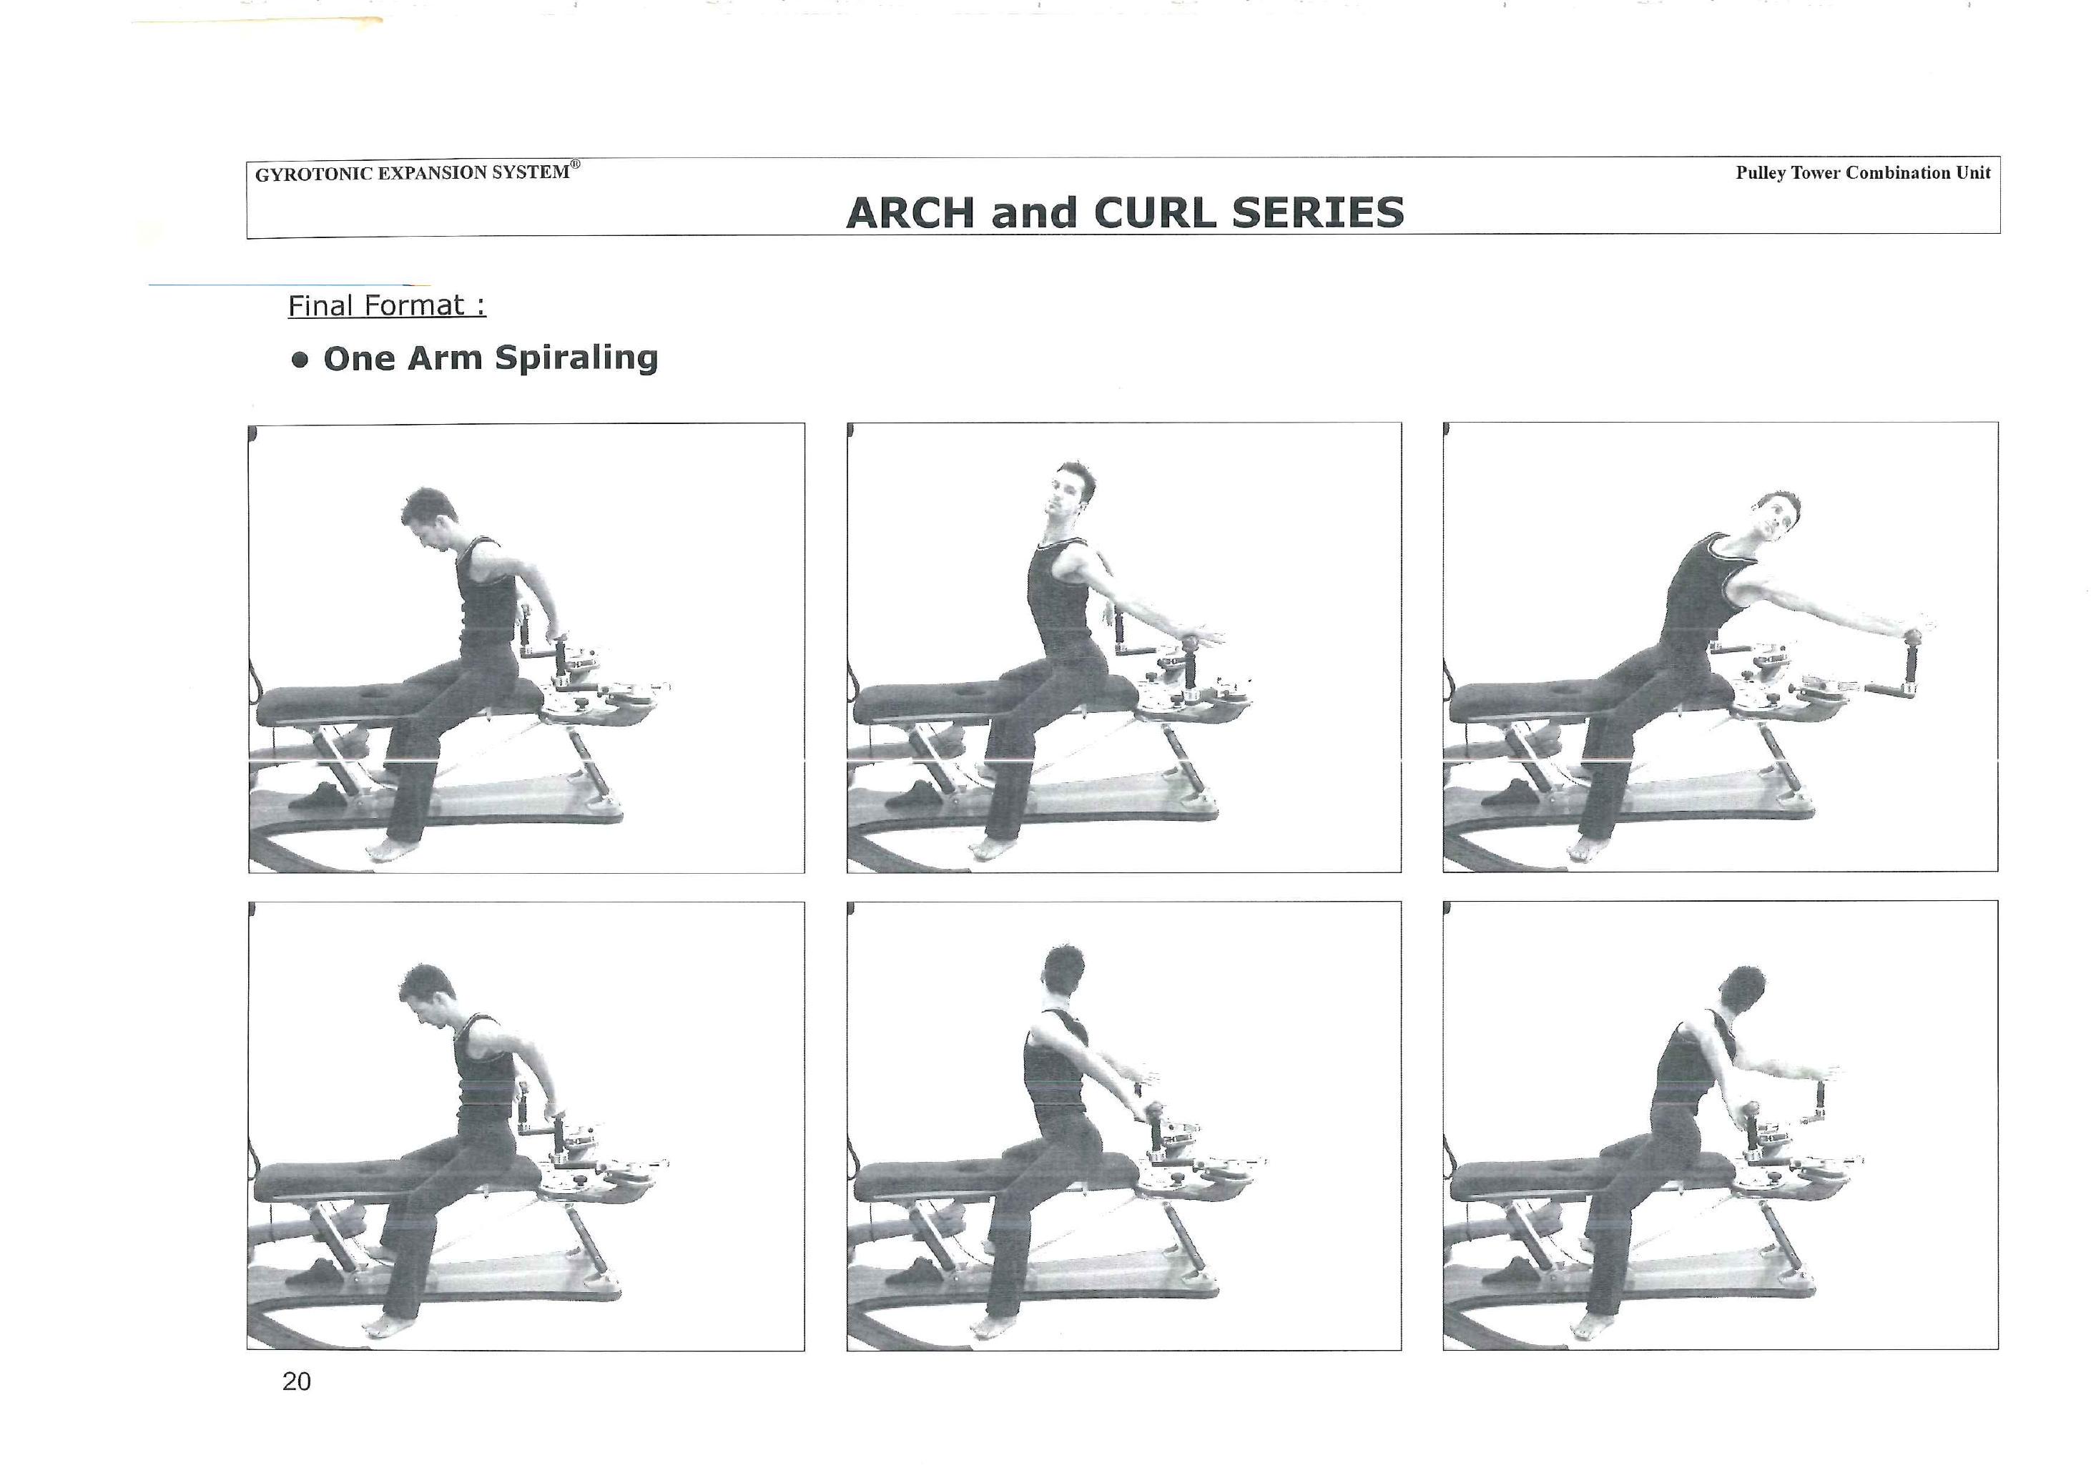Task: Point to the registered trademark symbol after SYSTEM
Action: click(576, 165)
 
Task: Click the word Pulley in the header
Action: click(1761, 173)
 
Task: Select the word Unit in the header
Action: click(1974, 172)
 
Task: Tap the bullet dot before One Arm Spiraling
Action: click(300, 359)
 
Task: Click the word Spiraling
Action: click(576, 358)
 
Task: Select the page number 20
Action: click(297, 1381)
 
